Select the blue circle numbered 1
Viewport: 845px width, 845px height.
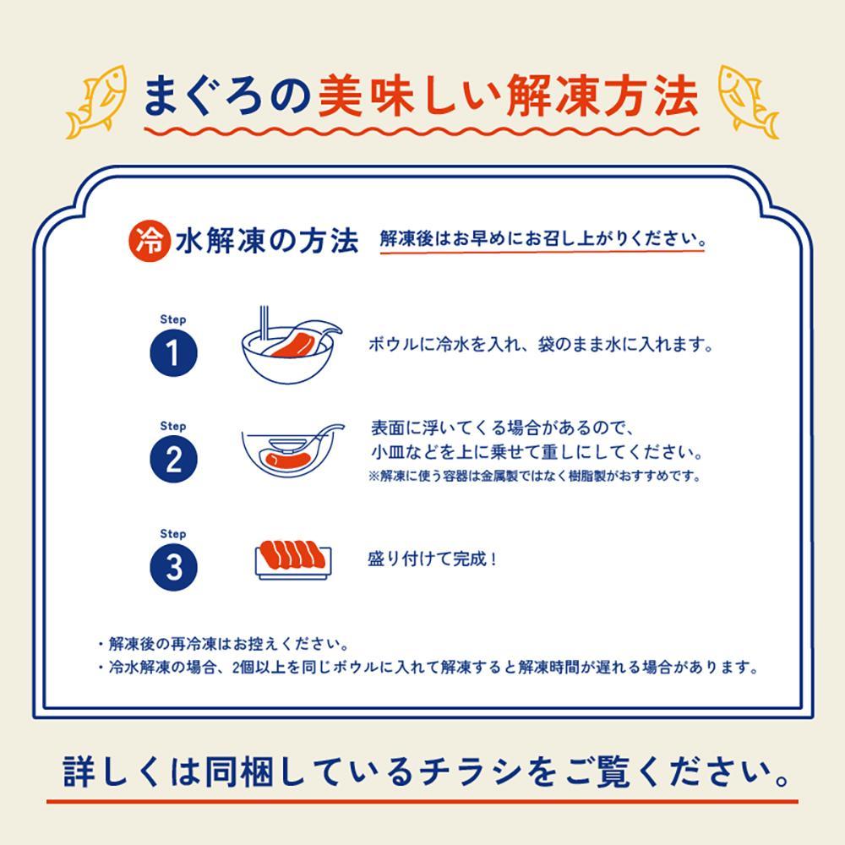173,353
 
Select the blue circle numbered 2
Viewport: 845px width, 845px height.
173,461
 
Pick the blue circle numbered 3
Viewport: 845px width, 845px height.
173,567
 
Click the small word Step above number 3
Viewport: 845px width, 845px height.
172,534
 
